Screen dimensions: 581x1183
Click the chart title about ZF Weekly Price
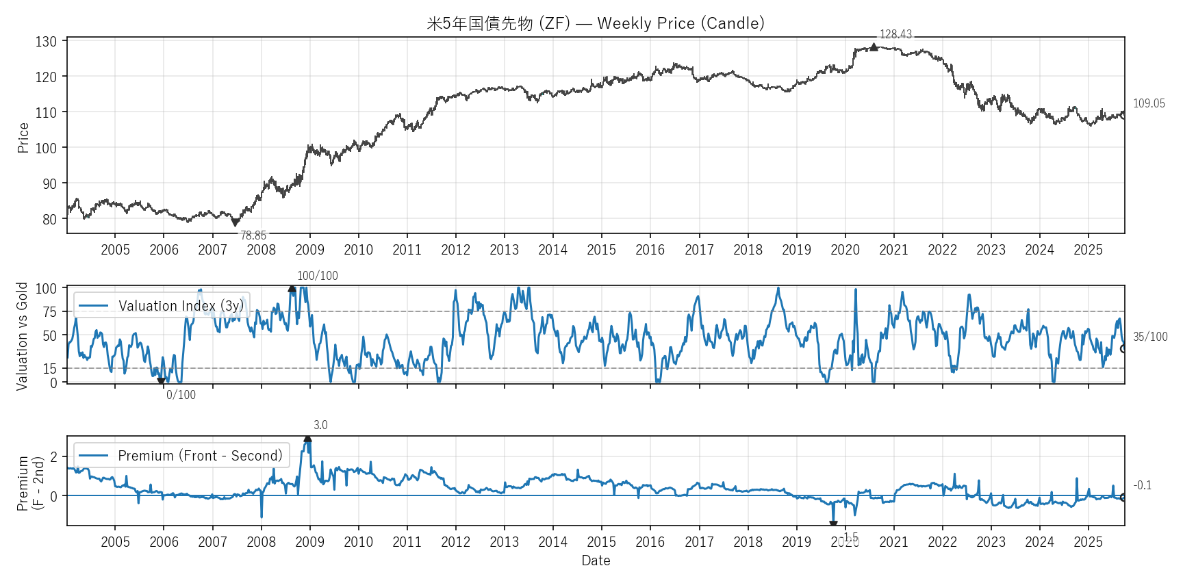tap(596, 23)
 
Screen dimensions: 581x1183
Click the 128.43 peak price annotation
tap(895, 34)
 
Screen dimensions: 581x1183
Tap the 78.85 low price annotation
tap(253, 235)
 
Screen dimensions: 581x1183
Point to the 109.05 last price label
tap(1149, 103)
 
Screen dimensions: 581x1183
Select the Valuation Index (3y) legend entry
tap(162, 306)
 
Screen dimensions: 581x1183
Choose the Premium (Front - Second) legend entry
tap(181, 456)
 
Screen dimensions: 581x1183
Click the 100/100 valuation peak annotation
tap(318, 276)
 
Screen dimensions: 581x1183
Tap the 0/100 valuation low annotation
tap(181, 395)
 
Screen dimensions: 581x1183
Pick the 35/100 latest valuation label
tap(1150, 337)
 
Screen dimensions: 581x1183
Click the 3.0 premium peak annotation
tap(320, 425)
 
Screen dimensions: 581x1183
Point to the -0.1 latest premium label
tap(1143, 485)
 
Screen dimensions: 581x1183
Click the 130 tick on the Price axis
tap(47, 42)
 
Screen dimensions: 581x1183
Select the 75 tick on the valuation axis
tap(50, 312)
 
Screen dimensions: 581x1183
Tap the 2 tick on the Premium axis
tap(55, 456)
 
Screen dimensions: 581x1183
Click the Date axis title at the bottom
tap(596, 560)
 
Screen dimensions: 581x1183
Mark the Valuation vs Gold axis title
tap(22, 336)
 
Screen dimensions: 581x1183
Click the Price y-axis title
tap(23, 138)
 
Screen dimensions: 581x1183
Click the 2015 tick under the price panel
tap(601, 250)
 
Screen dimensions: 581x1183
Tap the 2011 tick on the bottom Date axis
tap(407, 542)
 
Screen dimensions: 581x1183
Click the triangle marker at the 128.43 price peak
tap(874, 47)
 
